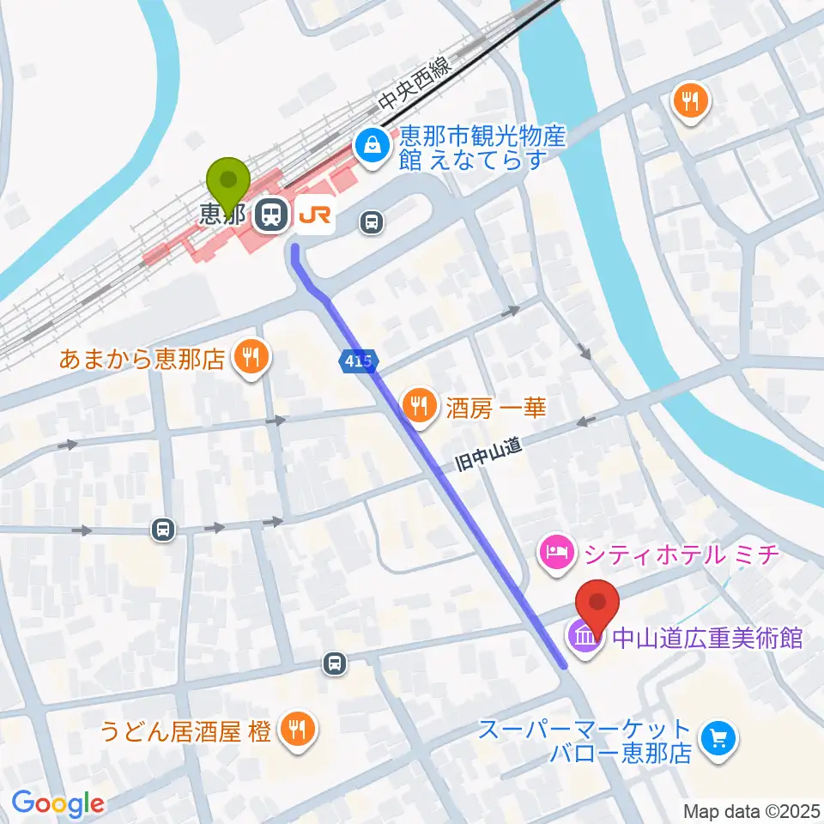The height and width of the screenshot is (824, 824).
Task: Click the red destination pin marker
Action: tap(598, 605)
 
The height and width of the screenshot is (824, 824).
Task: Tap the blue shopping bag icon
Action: tap(373, 145)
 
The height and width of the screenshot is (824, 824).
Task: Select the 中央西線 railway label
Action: tap(415, 85)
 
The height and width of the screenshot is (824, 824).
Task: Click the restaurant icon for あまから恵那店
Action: tap(251, 357)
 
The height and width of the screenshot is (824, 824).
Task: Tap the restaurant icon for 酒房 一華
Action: tap(420, 406)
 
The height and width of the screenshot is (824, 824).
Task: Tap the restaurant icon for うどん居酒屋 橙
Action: tap(297, 731)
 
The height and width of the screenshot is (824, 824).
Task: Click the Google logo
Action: tap(58, 803)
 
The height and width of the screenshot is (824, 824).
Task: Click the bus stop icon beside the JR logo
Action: tap(371, 223)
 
